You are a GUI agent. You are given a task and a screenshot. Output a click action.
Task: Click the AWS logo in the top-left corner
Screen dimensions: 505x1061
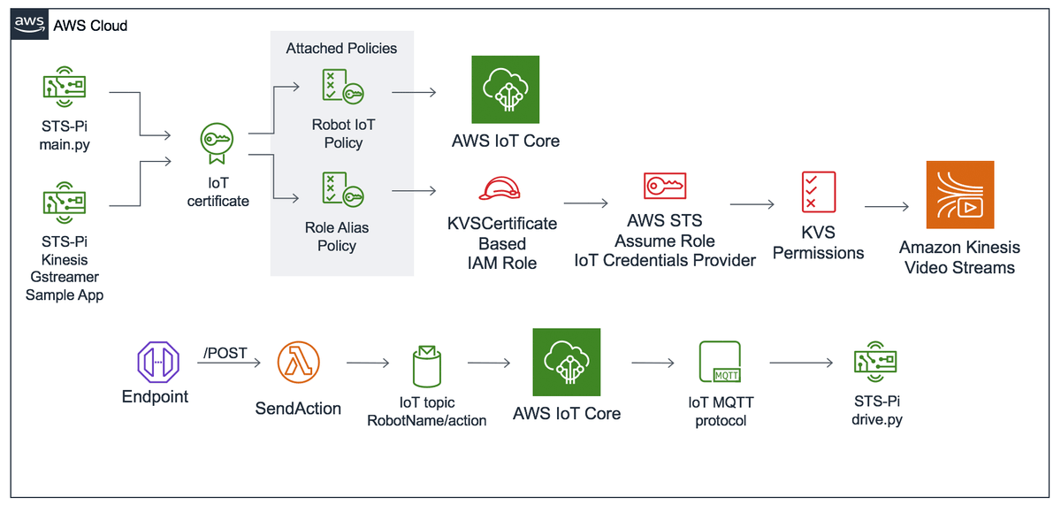click(x=29, y=25)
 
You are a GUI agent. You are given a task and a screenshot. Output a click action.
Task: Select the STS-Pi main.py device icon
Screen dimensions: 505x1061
click(x=65, y=87)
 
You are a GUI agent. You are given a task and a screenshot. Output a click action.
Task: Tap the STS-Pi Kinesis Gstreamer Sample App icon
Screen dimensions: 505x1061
click(x=65, y=201)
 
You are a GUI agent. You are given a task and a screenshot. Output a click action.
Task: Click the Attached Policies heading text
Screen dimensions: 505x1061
click(x=341, y=49)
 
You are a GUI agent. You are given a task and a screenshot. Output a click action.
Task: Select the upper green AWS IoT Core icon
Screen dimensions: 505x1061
click(x=505, y=89)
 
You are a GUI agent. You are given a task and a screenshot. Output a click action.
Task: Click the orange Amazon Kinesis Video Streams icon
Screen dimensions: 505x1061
click(x=959, y=195)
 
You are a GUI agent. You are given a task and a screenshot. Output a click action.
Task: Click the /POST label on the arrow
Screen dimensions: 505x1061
click(x=225, y=353)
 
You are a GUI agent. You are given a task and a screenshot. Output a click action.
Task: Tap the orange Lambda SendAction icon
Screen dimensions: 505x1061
click(x=298, y=363)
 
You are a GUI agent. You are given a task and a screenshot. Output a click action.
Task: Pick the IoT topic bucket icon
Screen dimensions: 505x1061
click(x=426, y=364)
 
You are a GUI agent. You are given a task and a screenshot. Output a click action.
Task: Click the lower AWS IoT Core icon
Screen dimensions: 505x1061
click(x=566, y=363)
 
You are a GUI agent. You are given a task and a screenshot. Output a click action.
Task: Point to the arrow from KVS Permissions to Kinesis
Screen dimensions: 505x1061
click(x=886, y=207)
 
